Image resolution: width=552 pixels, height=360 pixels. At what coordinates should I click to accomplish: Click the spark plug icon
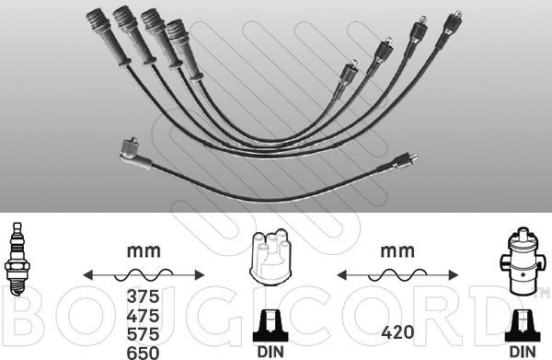pos(17,260)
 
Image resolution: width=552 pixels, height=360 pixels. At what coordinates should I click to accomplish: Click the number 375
pos(143,296)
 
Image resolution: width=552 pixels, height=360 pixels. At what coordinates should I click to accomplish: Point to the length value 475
pos(143,316)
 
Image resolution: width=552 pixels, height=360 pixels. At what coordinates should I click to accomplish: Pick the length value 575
pos(143,334)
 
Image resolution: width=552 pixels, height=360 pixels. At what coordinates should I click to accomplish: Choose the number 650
pos(143,353)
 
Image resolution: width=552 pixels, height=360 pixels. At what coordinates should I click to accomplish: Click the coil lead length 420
pos(397,332)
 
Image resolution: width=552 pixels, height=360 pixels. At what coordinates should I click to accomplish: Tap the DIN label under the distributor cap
pos(270,352)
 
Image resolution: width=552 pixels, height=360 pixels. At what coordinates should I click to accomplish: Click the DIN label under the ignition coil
pos(523,352)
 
